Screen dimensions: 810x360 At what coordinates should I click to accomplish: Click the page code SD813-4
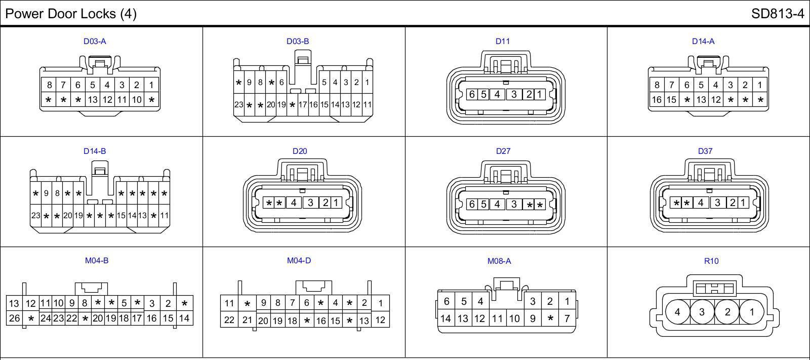[777, 14]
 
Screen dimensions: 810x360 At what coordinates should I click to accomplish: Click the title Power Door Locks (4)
[71, 14]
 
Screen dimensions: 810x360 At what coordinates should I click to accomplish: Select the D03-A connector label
[95, 42]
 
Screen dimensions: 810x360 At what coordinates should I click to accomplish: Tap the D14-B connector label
[95, 151]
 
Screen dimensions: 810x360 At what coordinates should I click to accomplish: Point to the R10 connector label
[711, 261]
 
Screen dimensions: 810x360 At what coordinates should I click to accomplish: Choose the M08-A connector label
[499, 261]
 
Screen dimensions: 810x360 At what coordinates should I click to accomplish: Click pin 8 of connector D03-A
[49, 85]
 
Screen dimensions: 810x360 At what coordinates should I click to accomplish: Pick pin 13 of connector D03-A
[93, 100]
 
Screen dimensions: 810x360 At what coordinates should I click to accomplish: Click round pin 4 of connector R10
[677, 312]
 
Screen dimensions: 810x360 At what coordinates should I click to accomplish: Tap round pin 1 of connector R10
[751, 312]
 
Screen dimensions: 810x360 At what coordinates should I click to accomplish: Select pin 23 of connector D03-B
[238, 105]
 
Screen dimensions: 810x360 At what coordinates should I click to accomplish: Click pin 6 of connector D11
[472, 94]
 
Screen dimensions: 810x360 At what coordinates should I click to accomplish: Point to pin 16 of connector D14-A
[657, 100]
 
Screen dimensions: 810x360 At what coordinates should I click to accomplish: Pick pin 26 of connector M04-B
[14, 318]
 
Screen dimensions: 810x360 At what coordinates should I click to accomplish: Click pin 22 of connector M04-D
[229, 320]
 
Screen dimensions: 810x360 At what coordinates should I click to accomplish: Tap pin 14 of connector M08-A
[445, 318]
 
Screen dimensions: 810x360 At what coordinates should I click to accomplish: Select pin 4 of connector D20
[294, 203]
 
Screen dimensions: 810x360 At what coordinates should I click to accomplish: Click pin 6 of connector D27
[472, 204]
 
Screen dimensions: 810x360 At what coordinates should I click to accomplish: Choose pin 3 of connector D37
[717, 203]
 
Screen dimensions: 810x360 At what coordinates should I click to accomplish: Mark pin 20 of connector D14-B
[68, 215]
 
